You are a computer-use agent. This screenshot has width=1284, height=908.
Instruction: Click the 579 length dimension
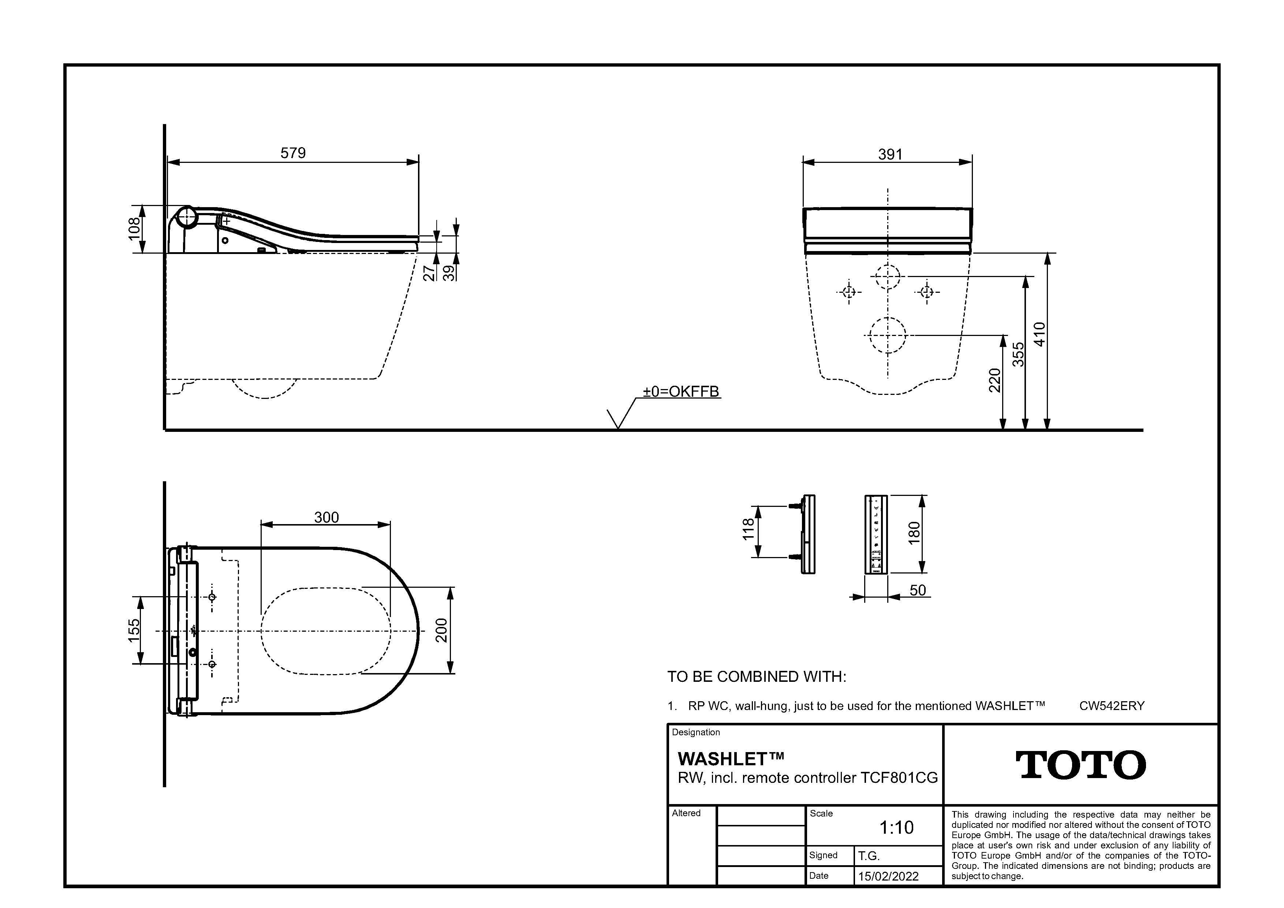[x=293, y=153]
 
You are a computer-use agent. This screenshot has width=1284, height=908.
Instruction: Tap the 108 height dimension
[x=134, y=229]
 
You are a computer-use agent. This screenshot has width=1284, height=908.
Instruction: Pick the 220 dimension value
[x=994, y=380]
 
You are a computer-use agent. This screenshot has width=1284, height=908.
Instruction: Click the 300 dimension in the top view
[x=326, y=517]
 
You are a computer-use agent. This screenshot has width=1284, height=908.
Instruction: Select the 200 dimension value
[x=442, y=630]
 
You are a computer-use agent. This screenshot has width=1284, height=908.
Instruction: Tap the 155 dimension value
[x=134, y=630]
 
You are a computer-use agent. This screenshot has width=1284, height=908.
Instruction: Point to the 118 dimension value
[x=748, y=530]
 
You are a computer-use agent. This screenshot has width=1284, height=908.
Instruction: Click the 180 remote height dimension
[x=914, y=533]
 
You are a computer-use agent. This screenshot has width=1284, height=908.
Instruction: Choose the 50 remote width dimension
[x=918, y=590]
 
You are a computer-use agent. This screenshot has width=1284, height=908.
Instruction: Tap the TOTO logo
[x=1080, y=765]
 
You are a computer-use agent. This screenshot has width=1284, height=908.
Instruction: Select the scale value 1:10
[x=896, y=827]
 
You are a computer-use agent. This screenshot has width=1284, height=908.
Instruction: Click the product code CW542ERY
[x=1112, y=706]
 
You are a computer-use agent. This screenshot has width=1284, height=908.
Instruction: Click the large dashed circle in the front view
[x=888, y=336]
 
